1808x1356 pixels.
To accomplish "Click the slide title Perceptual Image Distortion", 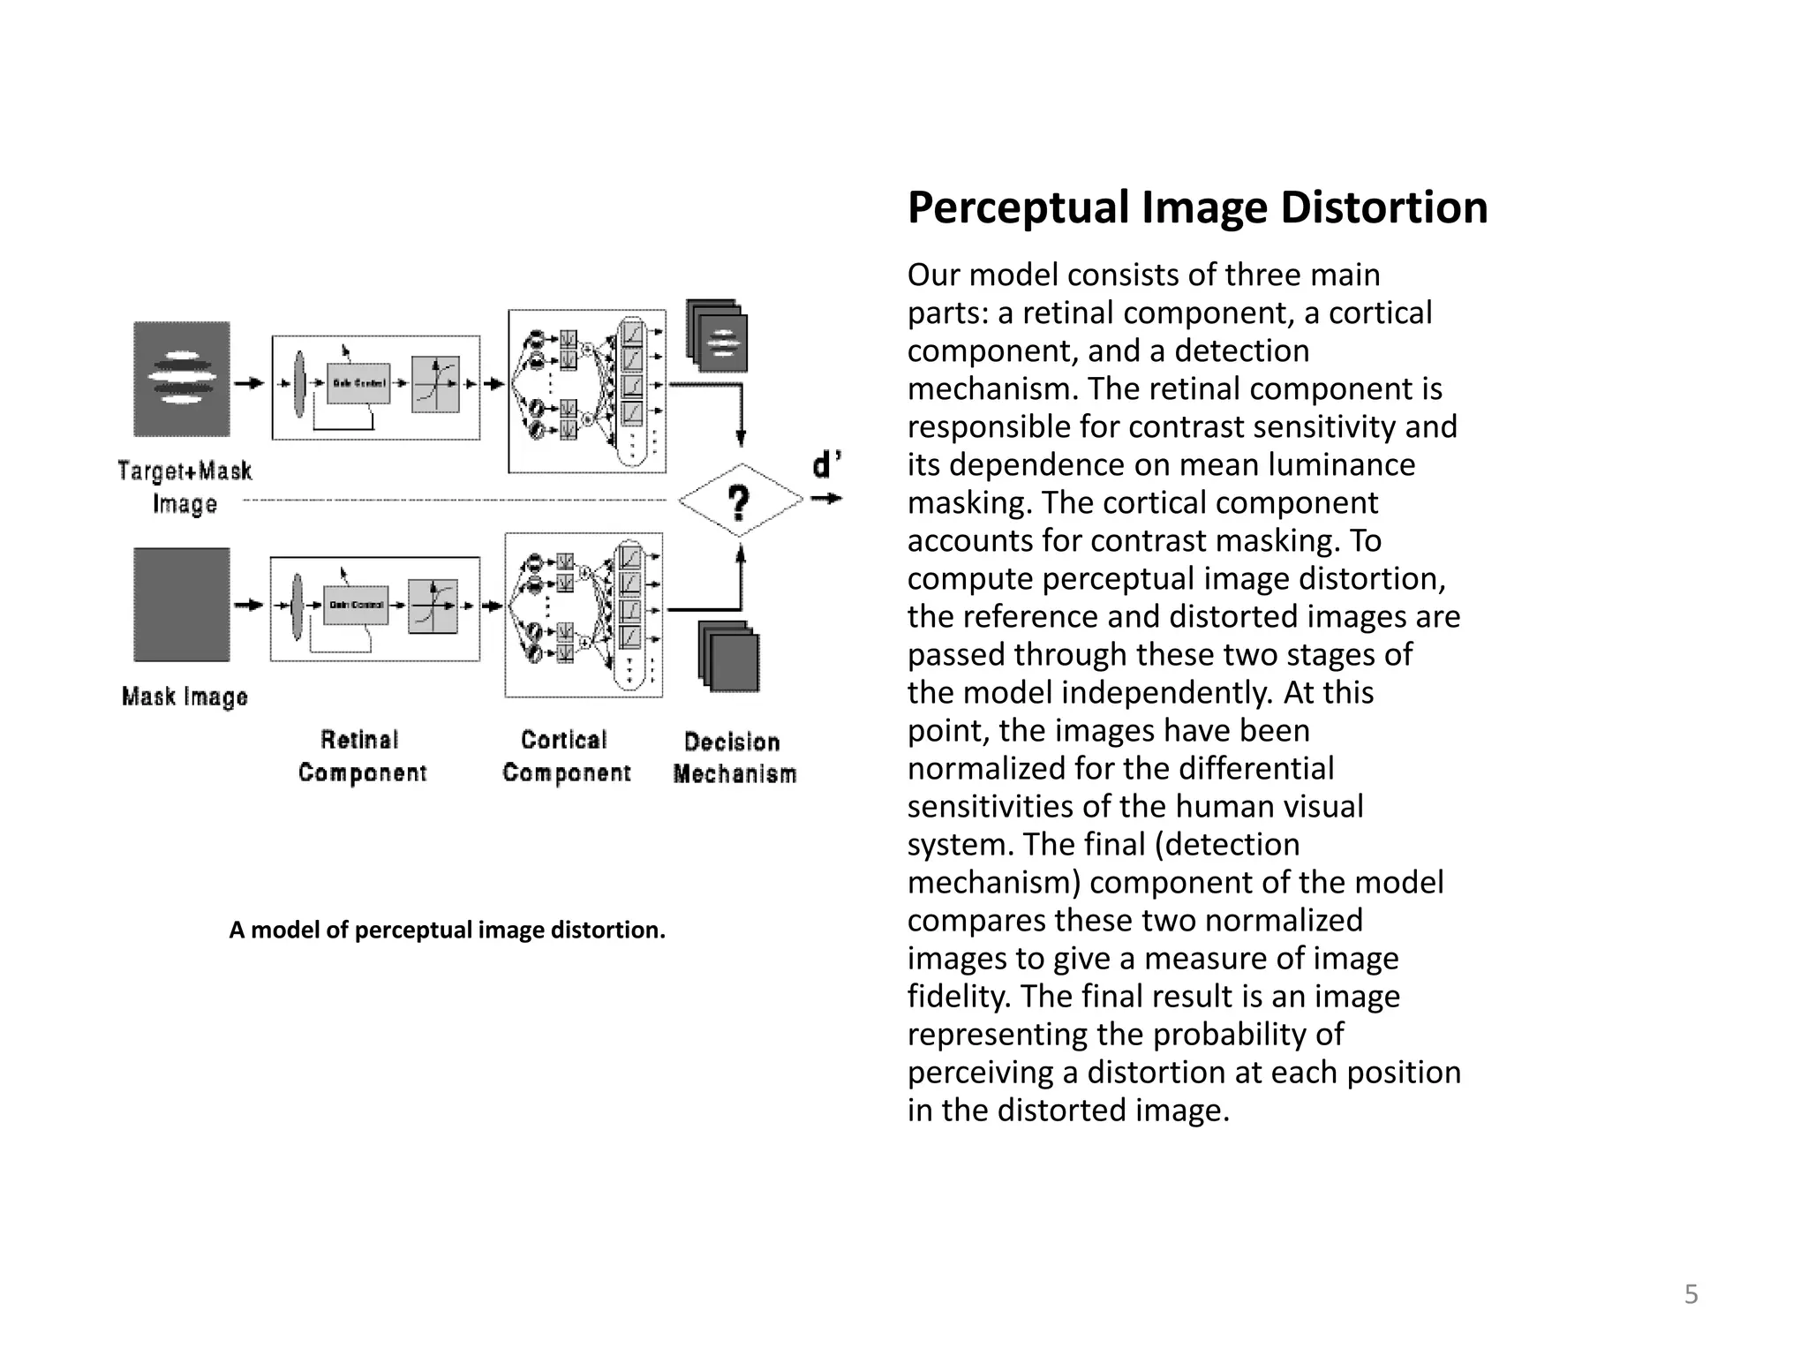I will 1197,208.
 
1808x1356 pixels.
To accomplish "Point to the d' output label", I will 825,464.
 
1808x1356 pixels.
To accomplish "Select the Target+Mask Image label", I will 185,486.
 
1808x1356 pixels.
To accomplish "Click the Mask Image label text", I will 185,697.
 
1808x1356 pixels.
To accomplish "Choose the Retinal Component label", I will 362,757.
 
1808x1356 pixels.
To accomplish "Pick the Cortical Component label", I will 566,757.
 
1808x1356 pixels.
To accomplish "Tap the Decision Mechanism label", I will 734,757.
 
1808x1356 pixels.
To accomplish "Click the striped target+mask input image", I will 182,379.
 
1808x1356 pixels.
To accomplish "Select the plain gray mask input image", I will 182,605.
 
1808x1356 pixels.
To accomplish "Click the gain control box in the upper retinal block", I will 358,383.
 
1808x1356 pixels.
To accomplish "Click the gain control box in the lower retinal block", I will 356,605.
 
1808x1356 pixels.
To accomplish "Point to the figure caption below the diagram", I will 447,930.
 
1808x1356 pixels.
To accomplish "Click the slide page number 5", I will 1691,1294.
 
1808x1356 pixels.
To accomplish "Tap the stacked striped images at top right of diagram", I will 718,336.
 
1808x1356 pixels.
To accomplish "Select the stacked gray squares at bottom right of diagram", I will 729,656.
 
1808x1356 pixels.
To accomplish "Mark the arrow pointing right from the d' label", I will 827,500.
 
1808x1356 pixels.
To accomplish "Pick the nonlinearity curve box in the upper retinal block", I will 435,384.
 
